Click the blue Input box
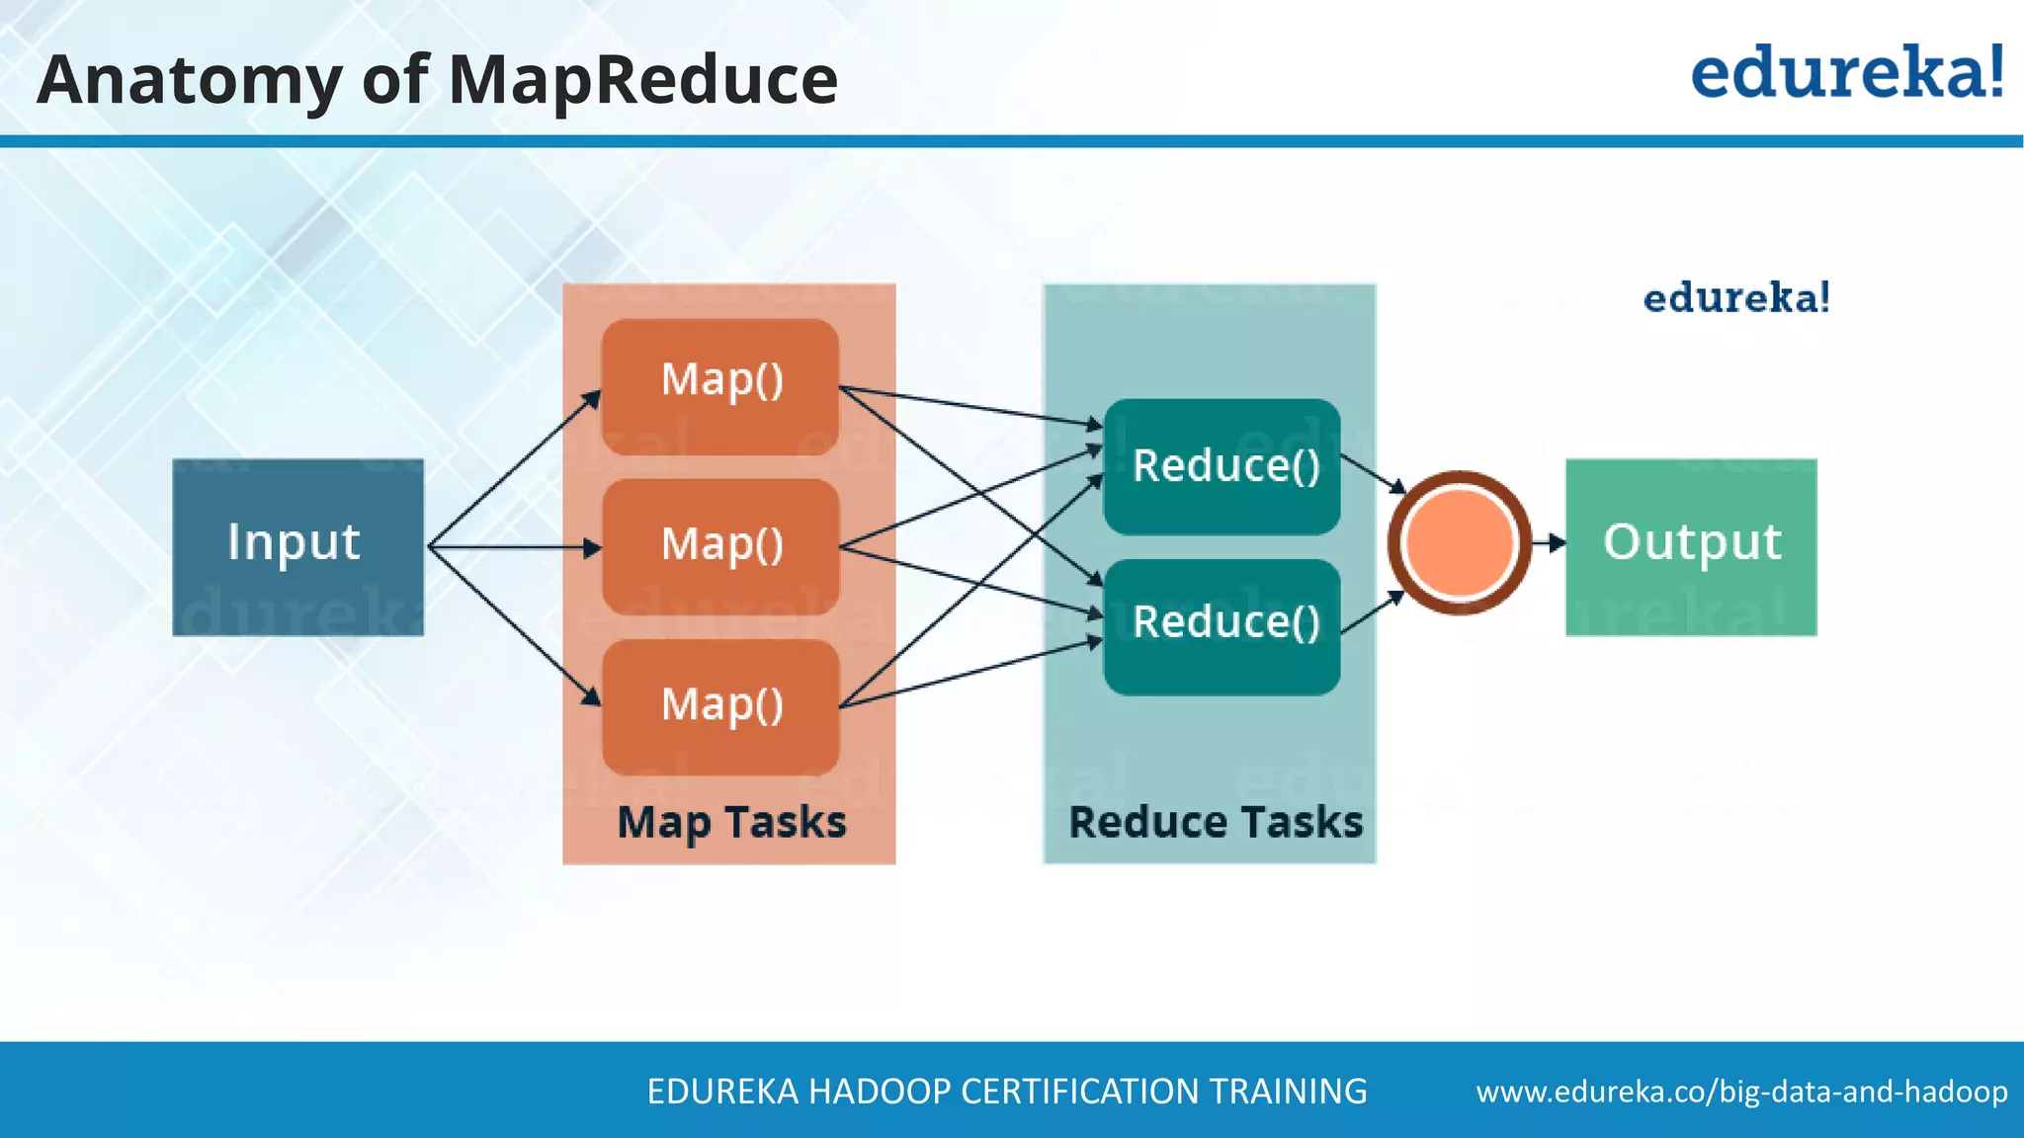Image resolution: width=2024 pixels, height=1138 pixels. [x=297, y=546]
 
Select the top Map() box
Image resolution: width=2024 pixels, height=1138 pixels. [x=720, y=385]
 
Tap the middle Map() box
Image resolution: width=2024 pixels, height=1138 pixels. [x=720, y=546]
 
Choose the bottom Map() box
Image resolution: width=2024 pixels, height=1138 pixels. [x=720, y=706]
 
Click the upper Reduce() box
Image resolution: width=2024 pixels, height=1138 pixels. [x=1222, y=466]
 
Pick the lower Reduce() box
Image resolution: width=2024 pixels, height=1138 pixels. [x=1222, y=626]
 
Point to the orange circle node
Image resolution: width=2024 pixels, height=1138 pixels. [x=1460, y=542]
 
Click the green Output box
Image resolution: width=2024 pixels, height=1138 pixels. [x=1691, y=546]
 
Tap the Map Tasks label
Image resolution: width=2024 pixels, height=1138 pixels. [x=731, y=823]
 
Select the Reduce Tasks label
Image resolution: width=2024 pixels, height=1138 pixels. [x=1215, y=823]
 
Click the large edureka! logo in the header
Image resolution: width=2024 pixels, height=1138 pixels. [x=1847, y=73]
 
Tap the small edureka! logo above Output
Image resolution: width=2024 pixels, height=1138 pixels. [x=1736, y=298]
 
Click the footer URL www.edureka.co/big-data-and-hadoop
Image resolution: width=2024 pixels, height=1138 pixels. [x=1741, y=1092]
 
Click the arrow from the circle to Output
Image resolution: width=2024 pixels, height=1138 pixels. [x=1549, y=542]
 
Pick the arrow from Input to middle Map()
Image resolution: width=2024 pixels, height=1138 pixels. [x=514, y=546]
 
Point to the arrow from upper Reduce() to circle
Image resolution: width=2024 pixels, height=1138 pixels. [x=1374, y=474]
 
